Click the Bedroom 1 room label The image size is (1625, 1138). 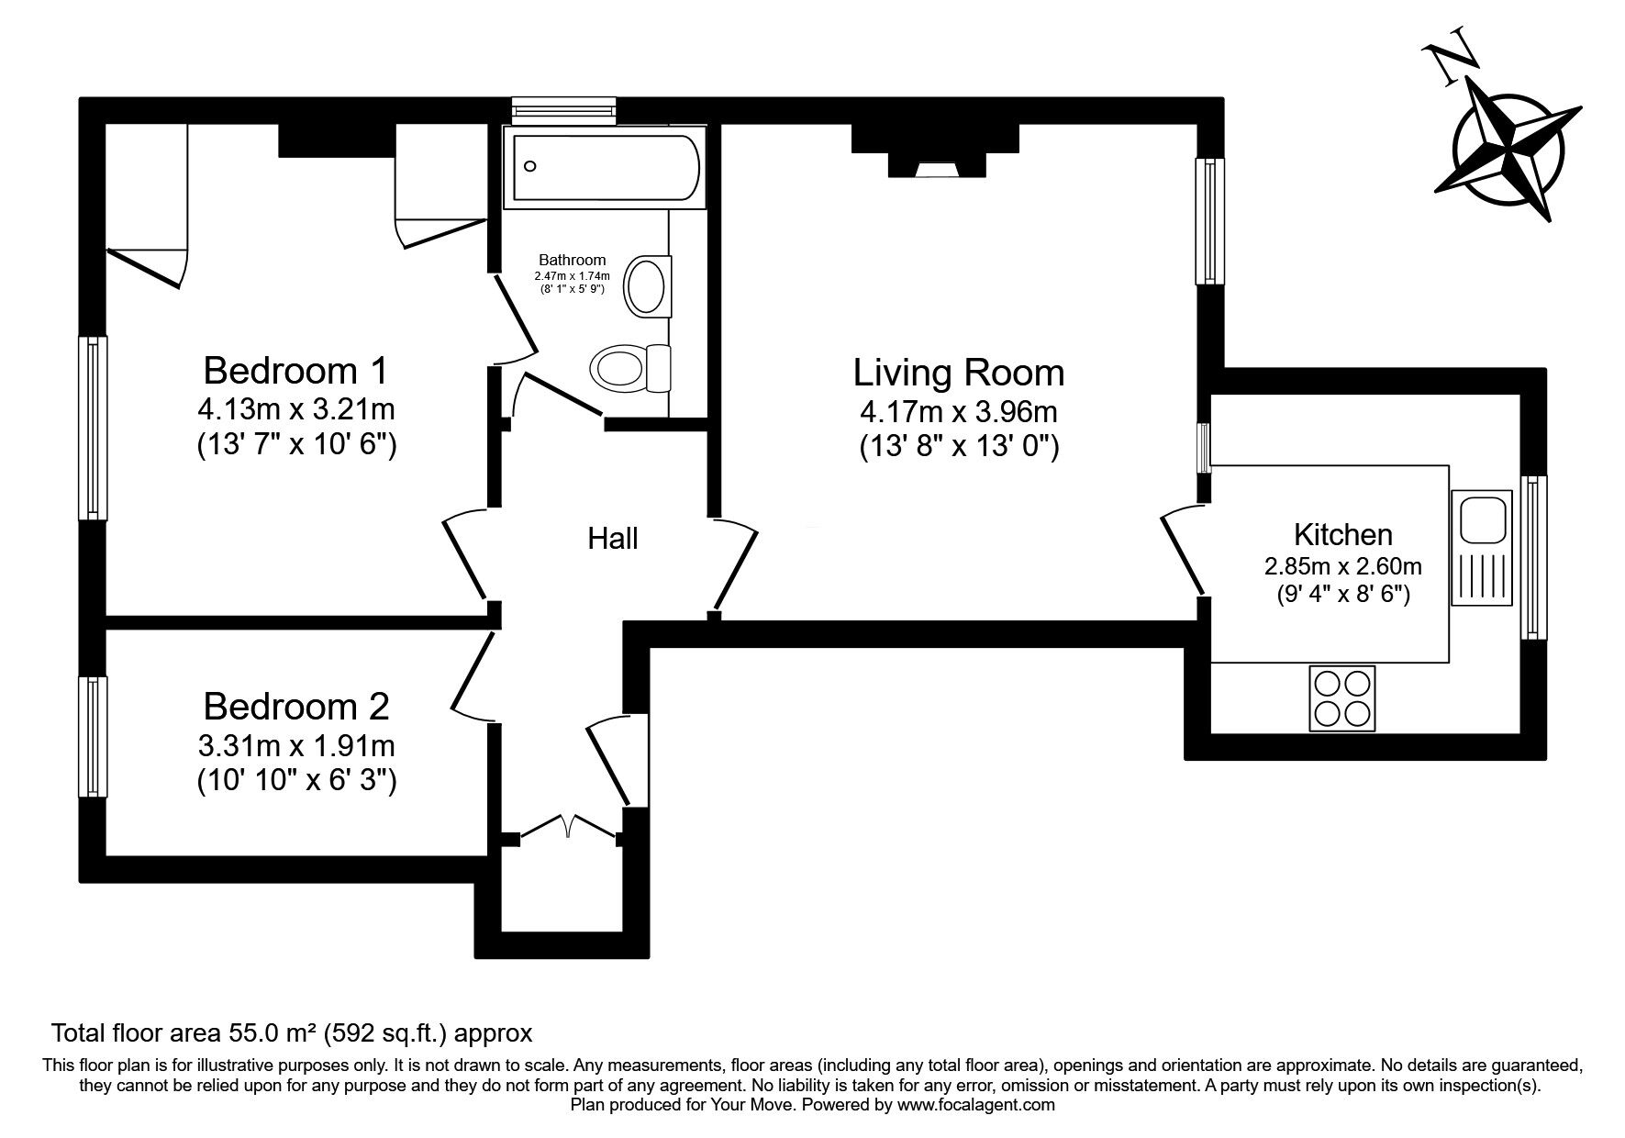coord(295,371)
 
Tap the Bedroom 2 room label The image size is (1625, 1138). coord(295,707)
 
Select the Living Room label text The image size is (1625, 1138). coord(959,374)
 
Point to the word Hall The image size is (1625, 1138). coord(613,539)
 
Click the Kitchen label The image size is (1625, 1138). coord(1342,534)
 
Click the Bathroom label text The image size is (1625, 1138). coord(573,261)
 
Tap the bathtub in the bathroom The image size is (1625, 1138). coord(606,167)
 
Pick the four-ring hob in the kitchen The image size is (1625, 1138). coord(1342,698)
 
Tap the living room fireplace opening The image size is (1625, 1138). coord(935,169)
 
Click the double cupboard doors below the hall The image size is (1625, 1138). coord(569,826)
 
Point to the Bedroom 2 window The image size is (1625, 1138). coord(92,737)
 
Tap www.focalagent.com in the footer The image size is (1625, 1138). coord(976,1105)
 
